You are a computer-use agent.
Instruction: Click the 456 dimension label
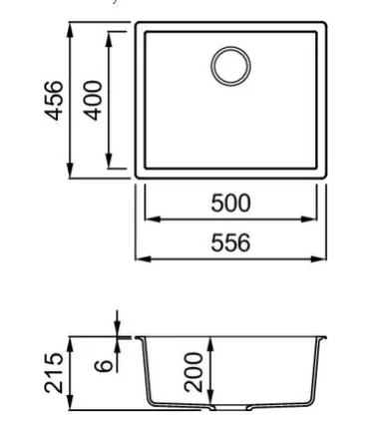tap(53, 101)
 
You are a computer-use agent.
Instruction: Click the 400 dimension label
tap(93, 101)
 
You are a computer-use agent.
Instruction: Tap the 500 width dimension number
tap(230, 204)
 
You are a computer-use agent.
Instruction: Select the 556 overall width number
tap(230, 243)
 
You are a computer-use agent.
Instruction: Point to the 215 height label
tap(54, 373)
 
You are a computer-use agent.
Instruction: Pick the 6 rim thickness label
tap(104, 365)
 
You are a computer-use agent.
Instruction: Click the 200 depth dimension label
tap(194, 372)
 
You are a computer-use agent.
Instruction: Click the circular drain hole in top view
tap(230, 66)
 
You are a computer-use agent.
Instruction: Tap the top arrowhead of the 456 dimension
tap(70, 31)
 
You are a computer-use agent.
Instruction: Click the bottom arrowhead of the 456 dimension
tap(70, 171)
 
